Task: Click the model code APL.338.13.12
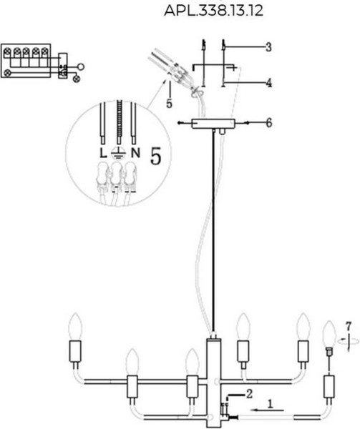pyautogui.click(x=213, y=11)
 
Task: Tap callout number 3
pyautogui.click(x=268, y=47)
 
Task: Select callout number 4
pyautogui.click(x=269, y=82)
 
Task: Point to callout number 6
pyautogui.click(x=269, y=123)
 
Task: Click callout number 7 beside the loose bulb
pyautogui.click(x=349, y=326)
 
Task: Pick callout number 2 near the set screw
pyautogui.click(x=249, y=394)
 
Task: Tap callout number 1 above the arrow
pyautogui.click(x=271, y=404)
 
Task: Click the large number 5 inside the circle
pyautogui.click(x=156, y=156)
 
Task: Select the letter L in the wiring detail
pyautogui.click(x=102, y=153)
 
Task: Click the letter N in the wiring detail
pyautogui.click(x=135, y=153)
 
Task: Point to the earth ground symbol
pyautogui.click(x=118, y=154)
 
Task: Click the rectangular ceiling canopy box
pyautogui.click(x=213, y=124)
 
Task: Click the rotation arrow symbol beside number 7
pyautogui.click(x=349, y=341)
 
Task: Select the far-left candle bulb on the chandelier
pyautogui.click(x=74, y=327)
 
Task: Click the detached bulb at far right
pyautogui.click(x=329, y=334)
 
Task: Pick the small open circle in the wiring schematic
pyautogui.click(x=81, y=66)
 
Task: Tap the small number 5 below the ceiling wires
pyautogui.click(x=169, y=104)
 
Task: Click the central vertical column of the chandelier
pyautogui.click(x=213, y=383)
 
